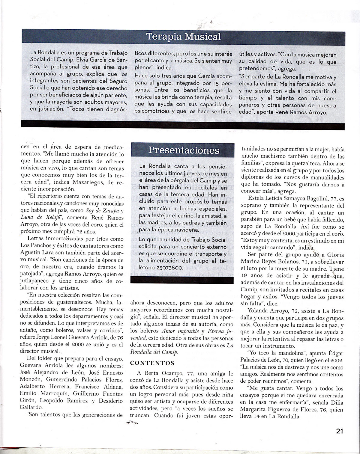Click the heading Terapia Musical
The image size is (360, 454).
183,37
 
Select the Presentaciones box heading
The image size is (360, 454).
184,150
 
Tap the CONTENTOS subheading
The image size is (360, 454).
152,363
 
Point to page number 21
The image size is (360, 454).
339,432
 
